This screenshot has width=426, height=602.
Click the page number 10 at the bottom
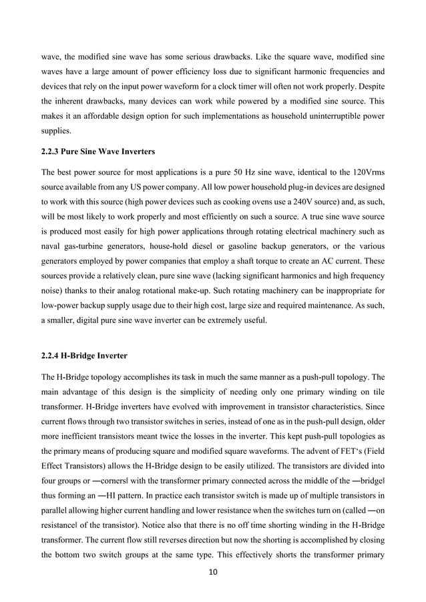(213, 571)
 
